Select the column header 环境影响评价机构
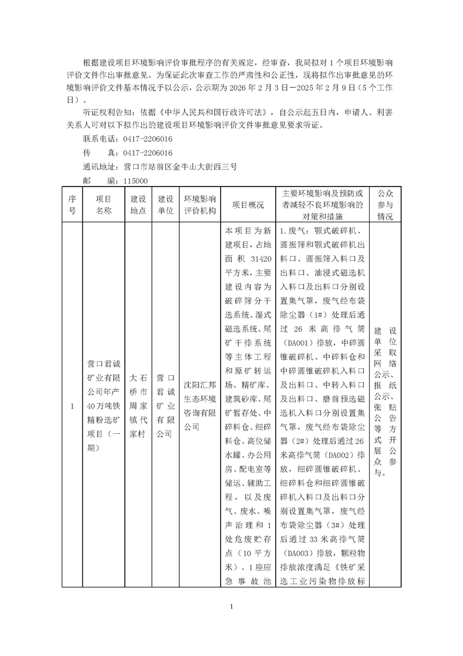tap(200, 205)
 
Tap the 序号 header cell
tap(72, 205)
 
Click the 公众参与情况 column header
tap(385, 204)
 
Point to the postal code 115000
tap(135, 182)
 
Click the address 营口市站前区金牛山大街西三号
tap(181, 167)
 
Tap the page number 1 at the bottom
tap(232, 606)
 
